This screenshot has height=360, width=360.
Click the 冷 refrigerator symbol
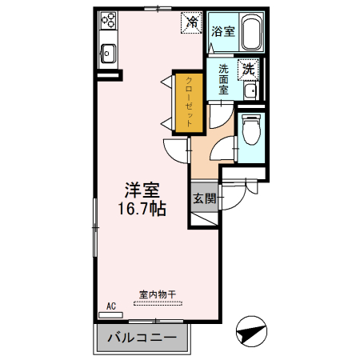[x=192, y=22]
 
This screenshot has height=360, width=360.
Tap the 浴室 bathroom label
[x=223, y=32]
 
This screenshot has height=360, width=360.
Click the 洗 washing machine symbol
[x=250, y=70]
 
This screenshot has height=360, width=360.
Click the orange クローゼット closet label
[x=189, y=101]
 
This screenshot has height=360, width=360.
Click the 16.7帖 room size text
[x=143, y=210]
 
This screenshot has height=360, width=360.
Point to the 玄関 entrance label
[x=204, y=198]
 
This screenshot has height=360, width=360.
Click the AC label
[x=112, y=306]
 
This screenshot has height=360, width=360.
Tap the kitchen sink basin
[x=108, y=55]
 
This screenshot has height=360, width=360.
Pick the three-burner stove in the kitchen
[x=108, y=22]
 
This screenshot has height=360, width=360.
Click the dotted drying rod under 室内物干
[x=159, y=302]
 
